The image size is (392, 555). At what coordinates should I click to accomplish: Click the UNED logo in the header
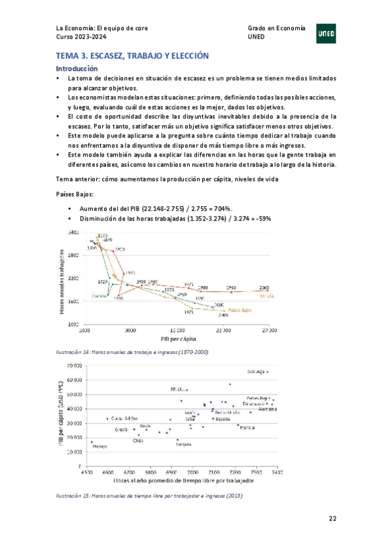coord(327,33)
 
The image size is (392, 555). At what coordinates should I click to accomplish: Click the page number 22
coord(332,518)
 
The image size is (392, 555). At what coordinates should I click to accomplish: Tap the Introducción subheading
coord(77,68)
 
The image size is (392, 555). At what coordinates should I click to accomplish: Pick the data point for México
coord(92,442)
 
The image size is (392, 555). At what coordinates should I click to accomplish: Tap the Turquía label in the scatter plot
coord(183,444)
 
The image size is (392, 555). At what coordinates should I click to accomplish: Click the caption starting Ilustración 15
coord(149,495)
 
